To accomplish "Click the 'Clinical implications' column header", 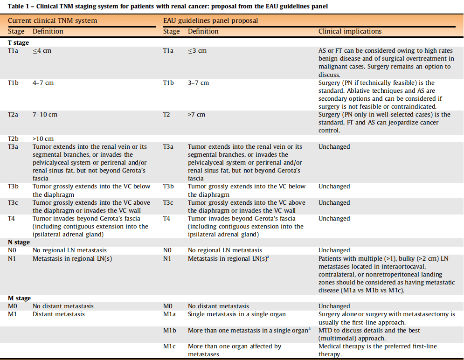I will pos(350,32).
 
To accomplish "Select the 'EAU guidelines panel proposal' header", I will pos(210,21).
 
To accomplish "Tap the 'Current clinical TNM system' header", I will pos(52,21).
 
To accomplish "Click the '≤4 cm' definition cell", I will pos(42,51).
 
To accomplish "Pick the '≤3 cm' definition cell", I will pos(197,51).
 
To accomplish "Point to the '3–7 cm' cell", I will pos(198,83).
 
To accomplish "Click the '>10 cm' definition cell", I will pos(43,139).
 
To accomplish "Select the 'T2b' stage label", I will pos(14,139).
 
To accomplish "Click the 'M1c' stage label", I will pos(169,346).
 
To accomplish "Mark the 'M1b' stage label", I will pos(169,331).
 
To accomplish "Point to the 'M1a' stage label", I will pos(169,314).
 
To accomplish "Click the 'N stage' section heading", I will pos(19,242).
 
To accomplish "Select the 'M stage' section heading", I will pos(20,298).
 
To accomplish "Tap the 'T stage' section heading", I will pos(18,43).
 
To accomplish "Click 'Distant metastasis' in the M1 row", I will pos(58,314).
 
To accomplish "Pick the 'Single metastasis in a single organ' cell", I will pos(236,314).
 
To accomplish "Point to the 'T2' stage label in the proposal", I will pos(166,115).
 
